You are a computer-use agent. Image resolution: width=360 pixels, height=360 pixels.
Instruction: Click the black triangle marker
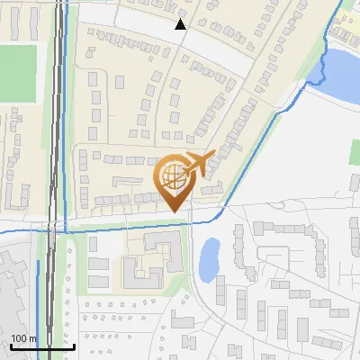click(x=181, y=24)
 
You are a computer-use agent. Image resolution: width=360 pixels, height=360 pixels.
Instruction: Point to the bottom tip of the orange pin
click(x=174, y=211)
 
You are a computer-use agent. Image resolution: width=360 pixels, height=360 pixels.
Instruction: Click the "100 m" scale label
click(x=23, y=338)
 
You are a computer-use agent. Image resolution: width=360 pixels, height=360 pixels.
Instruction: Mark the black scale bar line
click(x=41, y=346)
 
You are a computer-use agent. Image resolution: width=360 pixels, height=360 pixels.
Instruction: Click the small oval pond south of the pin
click(x=209, y=259)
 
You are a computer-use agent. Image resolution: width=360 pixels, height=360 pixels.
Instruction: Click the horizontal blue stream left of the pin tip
click(x=117, y=229)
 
